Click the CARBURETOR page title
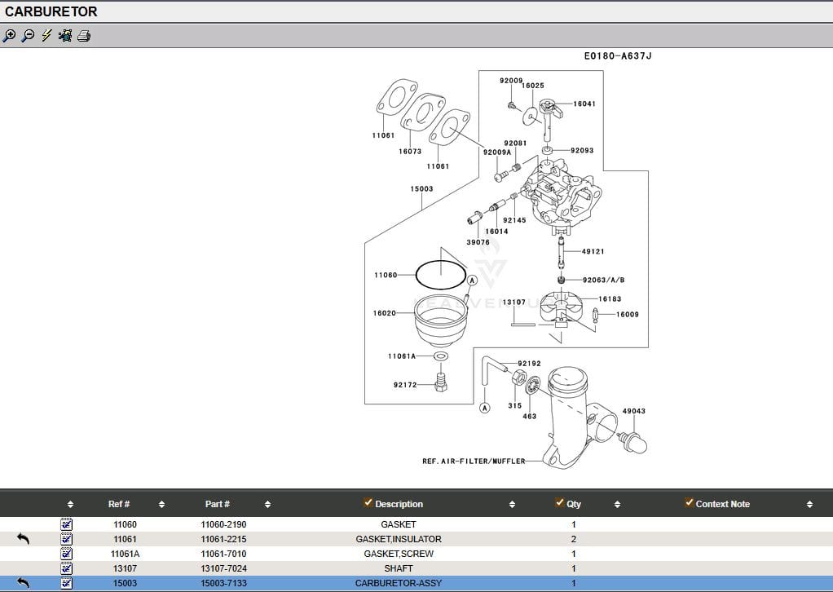pos(51,12)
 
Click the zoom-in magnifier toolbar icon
pos(10,36)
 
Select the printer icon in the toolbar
pos(84,36)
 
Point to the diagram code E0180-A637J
pos(618,56)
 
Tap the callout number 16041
pos(584,104)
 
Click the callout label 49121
pos(593,252)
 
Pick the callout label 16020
pos(385,313)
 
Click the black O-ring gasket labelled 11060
pos(441,275)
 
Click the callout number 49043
pos(633,412)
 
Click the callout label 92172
pos(405,385)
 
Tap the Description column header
pos(399,504)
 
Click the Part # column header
pos(218,504)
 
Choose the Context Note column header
pos(722,504)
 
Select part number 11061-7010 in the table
pos(223,554)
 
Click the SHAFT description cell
pos(399,568)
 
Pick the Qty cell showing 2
pos(574,539)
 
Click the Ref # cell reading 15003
pos(125,583)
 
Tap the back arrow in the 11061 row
pos(23,539)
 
